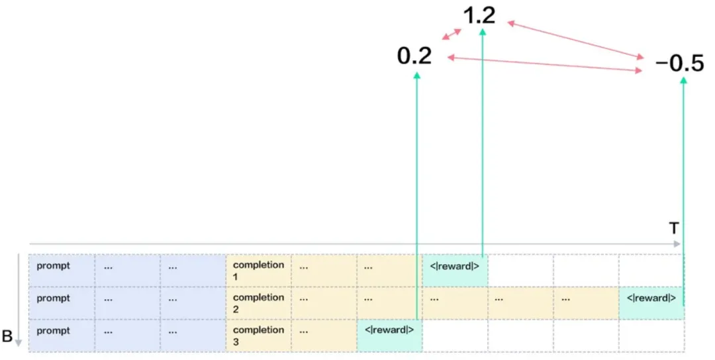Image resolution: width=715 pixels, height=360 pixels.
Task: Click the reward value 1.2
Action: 480,15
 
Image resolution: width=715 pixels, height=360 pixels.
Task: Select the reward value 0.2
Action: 414,56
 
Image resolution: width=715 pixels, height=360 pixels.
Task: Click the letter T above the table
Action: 674,228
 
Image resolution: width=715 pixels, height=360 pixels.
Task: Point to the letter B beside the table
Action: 7,336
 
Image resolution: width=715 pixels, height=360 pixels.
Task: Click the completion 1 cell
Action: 258,270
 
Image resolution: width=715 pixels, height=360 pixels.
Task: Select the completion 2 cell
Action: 258,303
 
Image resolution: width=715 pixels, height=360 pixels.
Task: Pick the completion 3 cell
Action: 258,335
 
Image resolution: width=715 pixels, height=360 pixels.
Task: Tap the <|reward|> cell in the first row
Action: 455,270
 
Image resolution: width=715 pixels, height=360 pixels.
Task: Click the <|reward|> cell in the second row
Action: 651,303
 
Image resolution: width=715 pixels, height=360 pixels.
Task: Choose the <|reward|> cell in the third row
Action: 389,335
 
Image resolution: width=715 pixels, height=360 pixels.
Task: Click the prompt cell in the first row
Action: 62,270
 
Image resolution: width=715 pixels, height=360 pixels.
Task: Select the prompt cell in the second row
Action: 62,303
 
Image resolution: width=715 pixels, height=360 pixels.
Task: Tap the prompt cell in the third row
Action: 62,335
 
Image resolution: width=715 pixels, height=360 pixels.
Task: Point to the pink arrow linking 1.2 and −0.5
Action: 576,39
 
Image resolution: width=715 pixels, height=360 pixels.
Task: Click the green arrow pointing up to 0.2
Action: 417,199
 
